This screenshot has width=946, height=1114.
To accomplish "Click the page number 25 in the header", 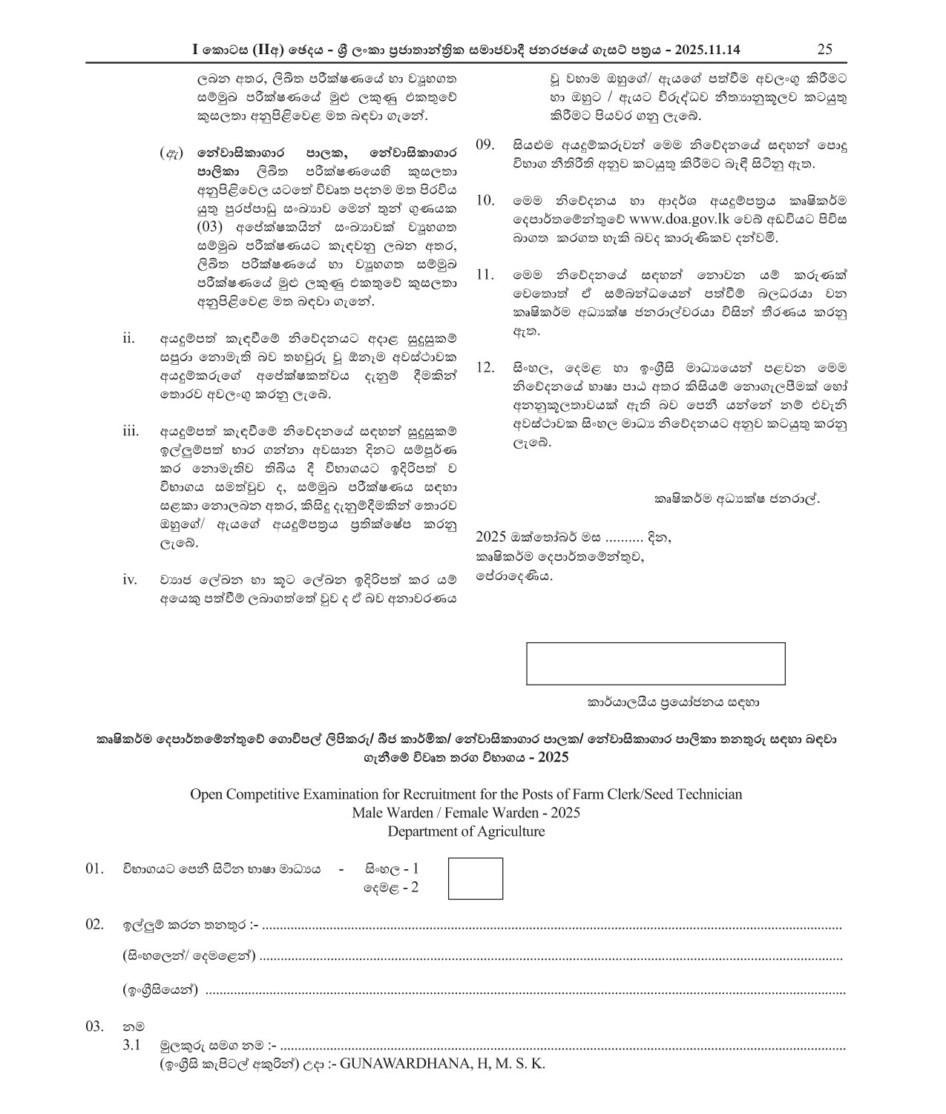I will coord(824,50).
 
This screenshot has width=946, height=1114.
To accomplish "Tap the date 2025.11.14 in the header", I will coord(708,50).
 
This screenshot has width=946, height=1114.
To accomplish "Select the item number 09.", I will coord(485,145).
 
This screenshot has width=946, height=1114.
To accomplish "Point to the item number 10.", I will coord(485,201).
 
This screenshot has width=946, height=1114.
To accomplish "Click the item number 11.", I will coord(485,275).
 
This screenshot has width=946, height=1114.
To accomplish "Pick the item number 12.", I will coord(485,368).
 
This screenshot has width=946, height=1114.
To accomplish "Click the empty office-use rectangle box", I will coord(655,663).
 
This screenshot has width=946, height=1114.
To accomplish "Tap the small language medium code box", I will coord(476,878).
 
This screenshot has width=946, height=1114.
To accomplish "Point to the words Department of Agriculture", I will coord(465,831).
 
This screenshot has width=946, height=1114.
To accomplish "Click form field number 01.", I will coord(94,869).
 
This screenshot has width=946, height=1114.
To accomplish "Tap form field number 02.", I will coord(94,924).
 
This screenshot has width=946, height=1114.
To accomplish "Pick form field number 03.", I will coord(94,1027).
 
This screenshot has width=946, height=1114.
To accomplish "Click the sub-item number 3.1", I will coord(131,1046).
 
